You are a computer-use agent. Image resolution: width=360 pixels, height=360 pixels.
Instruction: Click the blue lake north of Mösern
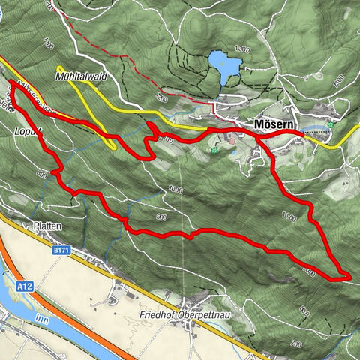[x=224, y=66]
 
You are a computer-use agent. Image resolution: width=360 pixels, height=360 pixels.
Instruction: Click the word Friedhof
[x=157, y=316]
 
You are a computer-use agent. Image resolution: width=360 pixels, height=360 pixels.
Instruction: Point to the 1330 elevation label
[x=241, y=49]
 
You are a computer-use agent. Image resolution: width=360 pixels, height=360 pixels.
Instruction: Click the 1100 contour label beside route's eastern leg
[x=290, y=217]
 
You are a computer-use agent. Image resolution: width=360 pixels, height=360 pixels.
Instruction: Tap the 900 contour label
[x=161, y=217]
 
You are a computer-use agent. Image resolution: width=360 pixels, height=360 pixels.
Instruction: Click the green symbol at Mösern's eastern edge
[x=331, y=124]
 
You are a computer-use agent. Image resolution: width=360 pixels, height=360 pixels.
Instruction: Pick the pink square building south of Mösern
[x=232, y=139]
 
